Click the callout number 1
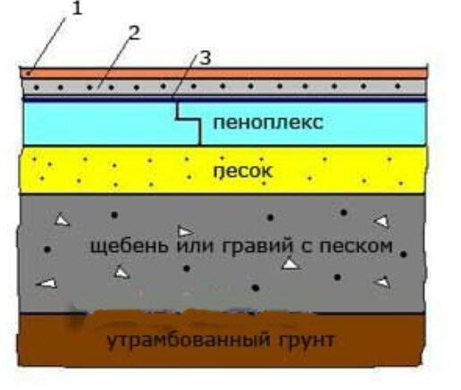(x=77, y=9)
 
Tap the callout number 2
(x=133, y=32)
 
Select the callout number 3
(x=205, y=58)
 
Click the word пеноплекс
(x=268, y=123)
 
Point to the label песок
(x=243, y=171)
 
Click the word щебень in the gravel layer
(x=129, y=247)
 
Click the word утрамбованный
(x=189, y=340)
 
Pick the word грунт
(x=307, y=340)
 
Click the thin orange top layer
(x=223, y=73)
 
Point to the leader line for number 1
(x=48, y=44)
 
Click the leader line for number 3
(x=185, y=77)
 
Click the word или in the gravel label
(x=195, y=246)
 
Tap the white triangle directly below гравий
(x=290, y=264)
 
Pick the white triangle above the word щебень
(x=185, y=232)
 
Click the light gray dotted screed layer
(x=224, y=87)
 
